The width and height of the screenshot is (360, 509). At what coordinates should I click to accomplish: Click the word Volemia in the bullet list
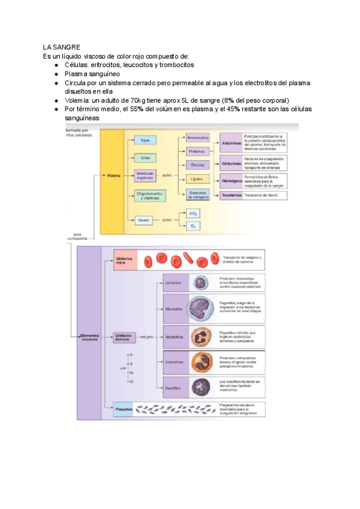click(78, 100)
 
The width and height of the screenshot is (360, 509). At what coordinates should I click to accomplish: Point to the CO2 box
click(193, 214)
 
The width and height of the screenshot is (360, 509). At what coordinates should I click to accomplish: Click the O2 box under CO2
click(193, 226)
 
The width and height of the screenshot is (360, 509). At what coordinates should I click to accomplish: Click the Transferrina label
click(231, 196)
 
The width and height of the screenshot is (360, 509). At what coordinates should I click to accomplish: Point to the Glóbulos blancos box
click(125, 337)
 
